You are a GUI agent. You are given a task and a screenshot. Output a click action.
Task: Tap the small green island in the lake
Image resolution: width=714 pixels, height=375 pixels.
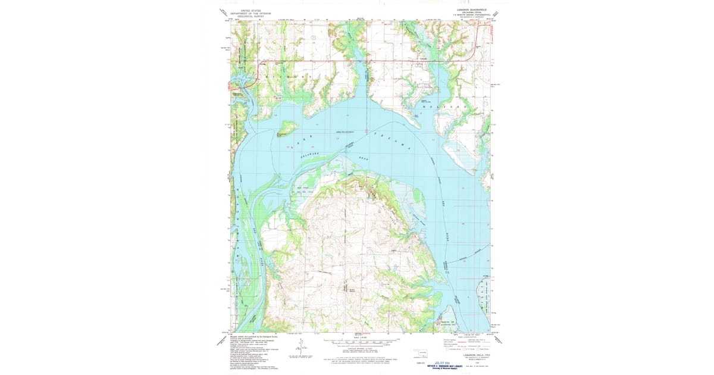click(287, 127)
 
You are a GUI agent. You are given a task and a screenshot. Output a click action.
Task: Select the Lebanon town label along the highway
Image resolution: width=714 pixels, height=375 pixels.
click(424, 58)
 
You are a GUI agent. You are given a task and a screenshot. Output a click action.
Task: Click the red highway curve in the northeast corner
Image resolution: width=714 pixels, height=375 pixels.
click(476, 50)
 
